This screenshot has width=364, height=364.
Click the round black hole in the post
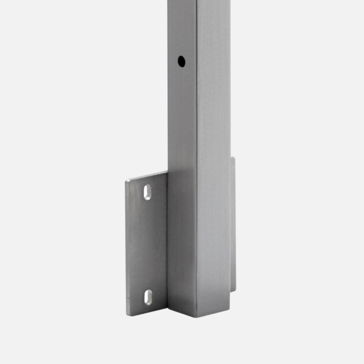pos(182,61)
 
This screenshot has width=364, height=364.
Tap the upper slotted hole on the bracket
pos(147,192)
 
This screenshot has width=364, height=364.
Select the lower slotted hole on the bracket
pos(148,297)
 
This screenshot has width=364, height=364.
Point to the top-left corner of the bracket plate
pos(126,181)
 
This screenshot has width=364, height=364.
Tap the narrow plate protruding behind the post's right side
pos(233,223)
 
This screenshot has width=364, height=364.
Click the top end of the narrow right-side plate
pos(233,158)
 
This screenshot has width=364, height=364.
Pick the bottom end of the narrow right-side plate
pos(233,290)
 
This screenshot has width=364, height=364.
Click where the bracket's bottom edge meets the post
pos(168,305)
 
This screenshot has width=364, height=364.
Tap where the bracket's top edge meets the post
pos(168,172)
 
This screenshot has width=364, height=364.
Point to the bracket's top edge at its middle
pos(147,176)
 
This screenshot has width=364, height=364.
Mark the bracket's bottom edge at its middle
pos(147,310)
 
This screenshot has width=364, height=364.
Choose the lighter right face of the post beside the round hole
pos(214,61)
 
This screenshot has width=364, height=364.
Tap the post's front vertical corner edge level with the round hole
pos(197,61)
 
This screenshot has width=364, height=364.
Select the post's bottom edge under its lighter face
pos(213,312)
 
